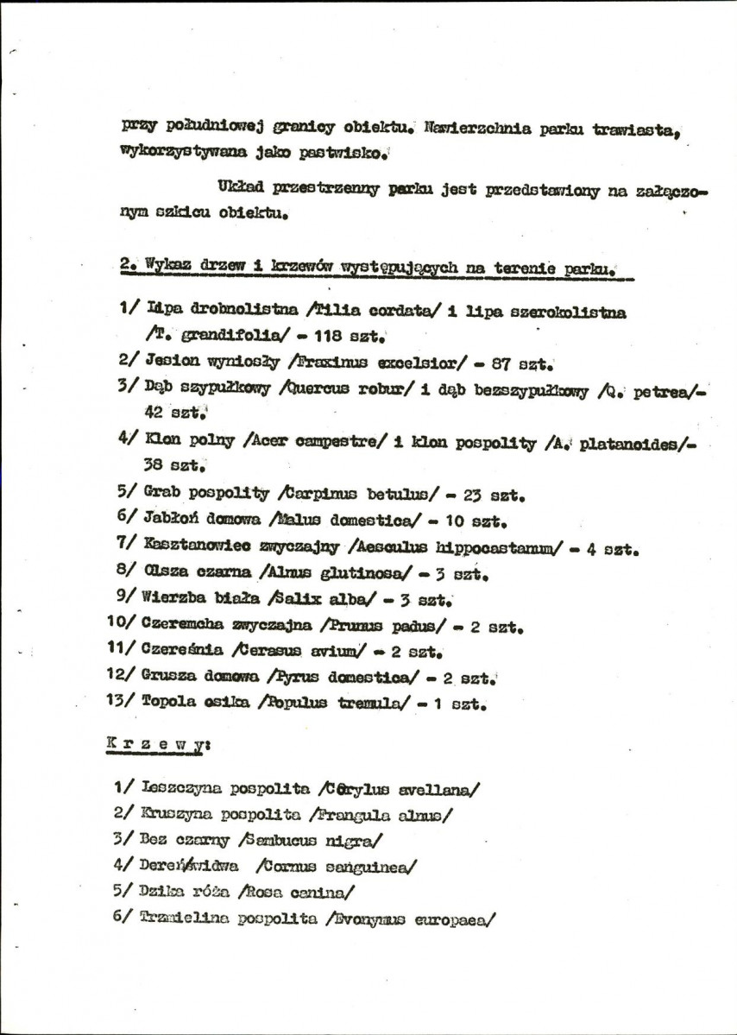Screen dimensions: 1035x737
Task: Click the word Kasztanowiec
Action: coord(195,546)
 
